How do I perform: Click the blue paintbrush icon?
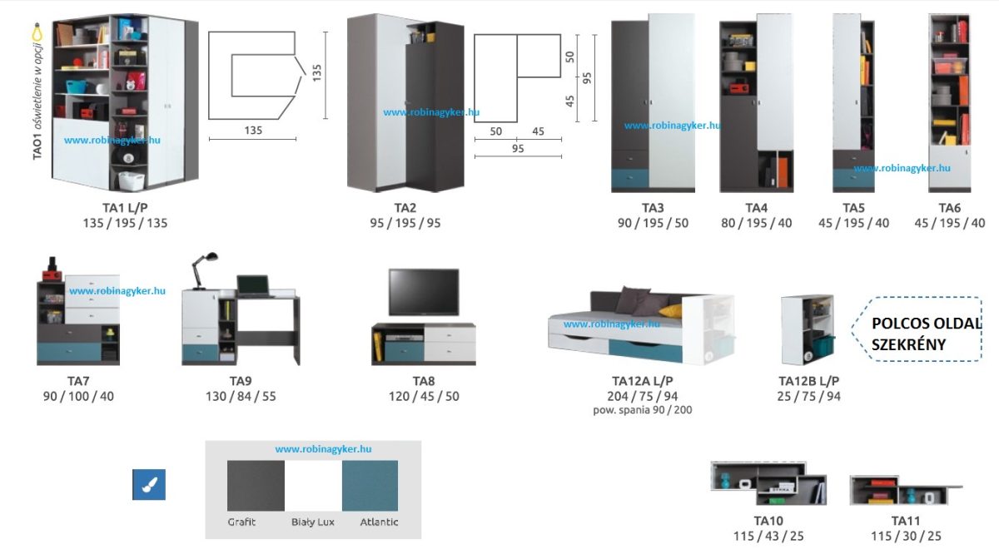tap(149, 485)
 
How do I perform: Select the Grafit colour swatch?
tap(256, 486)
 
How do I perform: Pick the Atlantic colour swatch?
tap(370, 486)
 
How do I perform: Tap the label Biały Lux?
tap(313, 522)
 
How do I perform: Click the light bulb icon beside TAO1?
tap(37, 33)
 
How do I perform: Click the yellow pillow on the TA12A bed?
tap(670, 311)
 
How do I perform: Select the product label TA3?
tap(653, 208)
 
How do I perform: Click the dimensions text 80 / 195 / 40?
tap(757, 223)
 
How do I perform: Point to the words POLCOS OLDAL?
tap(927, 324)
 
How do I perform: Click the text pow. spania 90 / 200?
tap(642, 410)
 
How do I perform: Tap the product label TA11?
tap(906, 521)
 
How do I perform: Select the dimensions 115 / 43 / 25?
tap(768, 537)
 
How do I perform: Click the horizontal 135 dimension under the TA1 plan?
tap(252, 139)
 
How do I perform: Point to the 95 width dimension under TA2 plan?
tap(518, 156)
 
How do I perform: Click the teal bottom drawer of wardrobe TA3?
tap(629, 178)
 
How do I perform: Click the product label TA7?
tap(78, 381)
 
